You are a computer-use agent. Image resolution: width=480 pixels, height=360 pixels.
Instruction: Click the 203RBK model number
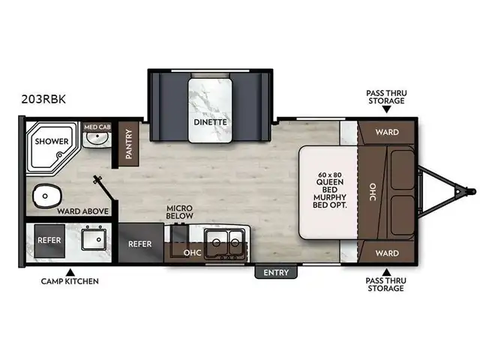coord(43,99)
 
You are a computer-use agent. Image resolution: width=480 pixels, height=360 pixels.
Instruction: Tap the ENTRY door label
coord(276,272)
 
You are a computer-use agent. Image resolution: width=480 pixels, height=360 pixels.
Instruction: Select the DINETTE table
coord(210,110)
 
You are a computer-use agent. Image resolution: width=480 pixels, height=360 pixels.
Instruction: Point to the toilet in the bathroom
coord(46,196)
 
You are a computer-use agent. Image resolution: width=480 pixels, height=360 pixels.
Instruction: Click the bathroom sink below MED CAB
coord(97,139)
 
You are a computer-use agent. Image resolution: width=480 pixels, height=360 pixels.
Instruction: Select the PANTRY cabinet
coord(128,144)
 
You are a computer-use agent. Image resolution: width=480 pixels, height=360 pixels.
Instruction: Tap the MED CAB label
coord(97,127)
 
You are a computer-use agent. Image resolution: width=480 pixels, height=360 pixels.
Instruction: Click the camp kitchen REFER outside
coord(49,241)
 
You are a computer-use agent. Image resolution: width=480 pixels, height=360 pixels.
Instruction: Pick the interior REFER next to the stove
coord(140,243)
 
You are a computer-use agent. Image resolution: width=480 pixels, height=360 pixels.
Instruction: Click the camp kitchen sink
coord(94,238)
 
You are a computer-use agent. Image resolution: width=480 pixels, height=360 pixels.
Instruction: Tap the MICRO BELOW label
coord(180,211)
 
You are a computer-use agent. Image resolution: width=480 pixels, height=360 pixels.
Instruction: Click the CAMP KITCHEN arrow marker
coord(70,272)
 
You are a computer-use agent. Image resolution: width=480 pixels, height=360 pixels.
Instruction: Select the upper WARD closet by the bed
coord(387,132)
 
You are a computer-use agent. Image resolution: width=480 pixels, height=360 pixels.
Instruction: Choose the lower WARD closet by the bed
coord(387,253)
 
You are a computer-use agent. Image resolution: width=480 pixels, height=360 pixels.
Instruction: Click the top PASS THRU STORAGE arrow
coord(386,109)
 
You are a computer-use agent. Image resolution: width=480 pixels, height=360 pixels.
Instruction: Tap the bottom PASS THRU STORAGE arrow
coord(386,272)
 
